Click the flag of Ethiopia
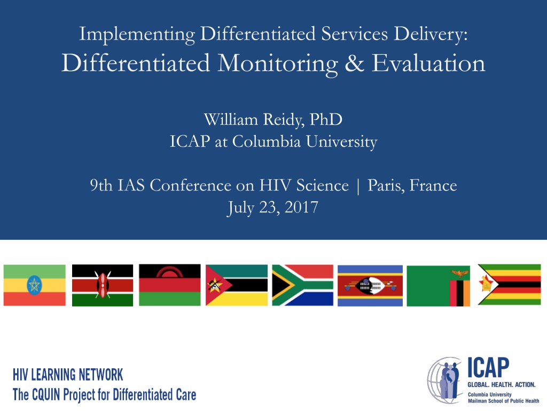(x=35, y=285)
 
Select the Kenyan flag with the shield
(x=103, y=285)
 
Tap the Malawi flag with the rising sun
(x=170, y=285)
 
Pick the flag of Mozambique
(x=237, y=285)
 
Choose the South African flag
(x=303, y=285)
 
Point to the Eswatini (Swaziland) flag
(x=370, y=286)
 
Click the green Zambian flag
(x=439, y=286)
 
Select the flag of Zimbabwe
(x=509, y=285)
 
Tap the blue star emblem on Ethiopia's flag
(x=34, y=285)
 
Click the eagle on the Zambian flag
(x=460, y=273)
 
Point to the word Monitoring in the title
(x=278, y=64)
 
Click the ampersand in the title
(x=355, y=63)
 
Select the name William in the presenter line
(x=231, y=119)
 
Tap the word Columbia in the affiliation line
(x=267, y=141)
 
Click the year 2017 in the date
(x=301, y=207)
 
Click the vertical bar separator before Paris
(x=358, y=186)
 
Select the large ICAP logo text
(x=488, y=368)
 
